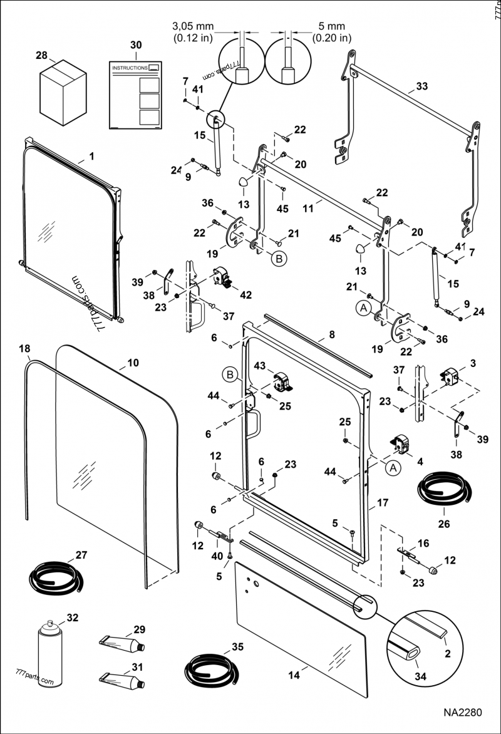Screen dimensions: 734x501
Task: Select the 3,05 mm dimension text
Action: pos(193,27)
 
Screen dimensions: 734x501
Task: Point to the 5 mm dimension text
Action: pos(333,27)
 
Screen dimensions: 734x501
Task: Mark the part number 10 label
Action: pos(132,362)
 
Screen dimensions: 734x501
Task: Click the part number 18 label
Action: pos(24,348)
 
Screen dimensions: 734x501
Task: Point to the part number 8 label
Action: pos(331,334)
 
